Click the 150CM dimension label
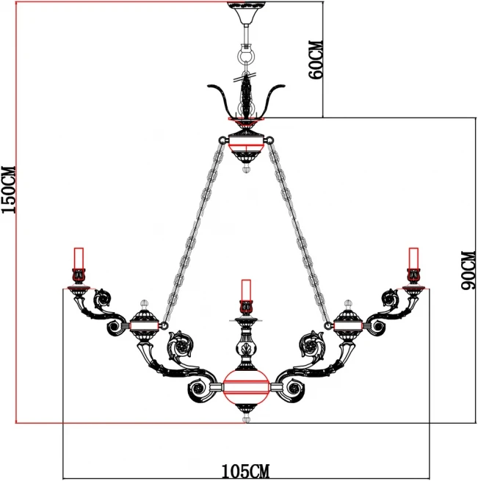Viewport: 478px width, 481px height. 9,189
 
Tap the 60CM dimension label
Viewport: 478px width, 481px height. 316,59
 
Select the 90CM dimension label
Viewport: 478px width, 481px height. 468,270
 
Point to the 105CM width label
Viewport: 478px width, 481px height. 245,471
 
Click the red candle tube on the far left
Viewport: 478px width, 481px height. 79,258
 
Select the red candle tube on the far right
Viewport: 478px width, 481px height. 413,258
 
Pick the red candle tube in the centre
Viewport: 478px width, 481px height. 246,290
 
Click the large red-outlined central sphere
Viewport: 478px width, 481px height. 246,387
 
